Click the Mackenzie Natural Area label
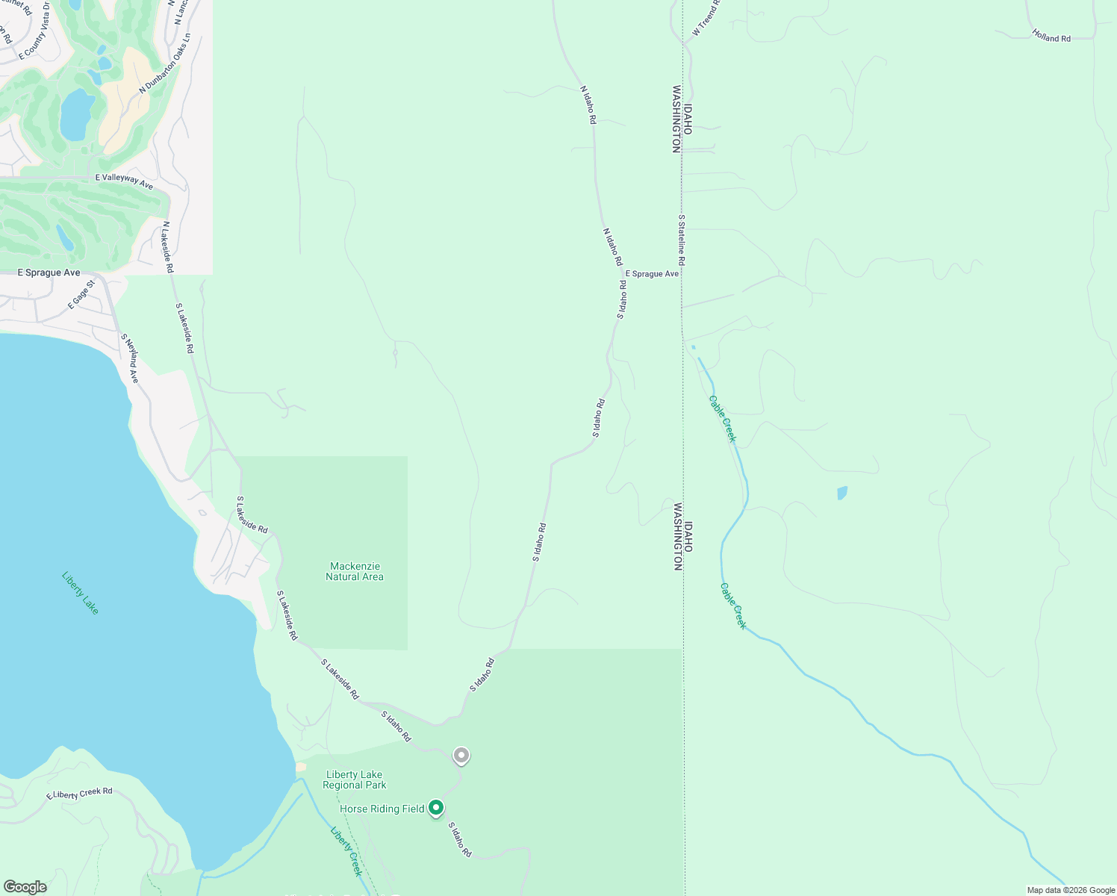355,572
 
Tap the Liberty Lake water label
80,593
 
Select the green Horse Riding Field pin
436,808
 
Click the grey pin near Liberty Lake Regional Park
461,756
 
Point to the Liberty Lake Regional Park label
355,780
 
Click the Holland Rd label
1051,35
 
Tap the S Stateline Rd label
681,240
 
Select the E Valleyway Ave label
124,180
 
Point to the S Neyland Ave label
130,358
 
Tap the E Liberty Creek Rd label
79,794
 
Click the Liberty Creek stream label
346,851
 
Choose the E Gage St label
82,294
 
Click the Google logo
25,887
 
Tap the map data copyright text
1071,890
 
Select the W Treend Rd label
706,18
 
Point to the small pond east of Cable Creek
842,493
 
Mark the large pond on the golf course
76,115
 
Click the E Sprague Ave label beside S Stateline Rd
652,274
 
